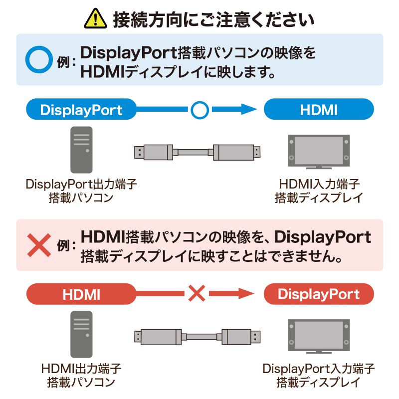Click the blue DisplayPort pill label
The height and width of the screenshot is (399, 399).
point(81,109)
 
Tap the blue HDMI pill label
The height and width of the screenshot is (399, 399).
point(319,109)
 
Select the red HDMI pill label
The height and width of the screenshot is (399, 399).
point(81,294)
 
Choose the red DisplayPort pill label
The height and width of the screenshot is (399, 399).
point(319,294)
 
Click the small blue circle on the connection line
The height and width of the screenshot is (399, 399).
point(199,109)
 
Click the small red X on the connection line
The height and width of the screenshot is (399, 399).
point(197,294)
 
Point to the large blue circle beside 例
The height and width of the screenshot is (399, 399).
point(39,59)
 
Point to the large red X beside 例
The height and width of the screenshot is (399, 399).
point(39,244)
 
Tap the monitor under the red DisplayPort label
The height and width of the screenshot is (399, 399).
point(319,336)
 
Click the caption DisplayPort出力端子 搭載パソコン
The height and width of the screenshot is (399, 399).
point(81,191)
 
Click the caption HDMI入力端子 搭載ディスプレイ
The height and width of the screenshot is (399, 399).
point(319,191)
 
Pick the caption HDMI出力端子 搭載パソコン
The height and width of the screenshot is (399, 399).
point(81,376)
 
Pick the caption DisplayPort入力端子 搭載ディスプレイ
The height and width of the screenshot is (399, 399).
point(319,376)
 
